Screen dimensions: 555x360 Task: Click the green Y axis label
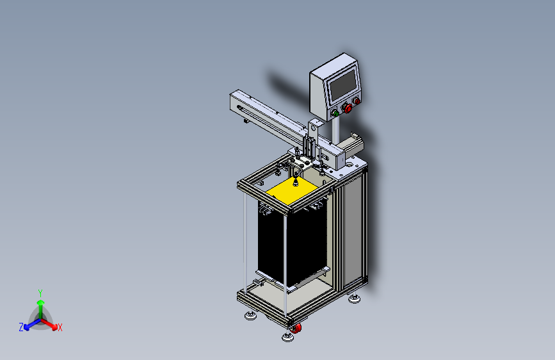(40, 293)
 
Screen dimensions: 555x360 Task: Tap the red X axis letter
(60, 327)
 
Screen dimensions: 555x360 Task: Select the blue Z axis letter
(21, 327)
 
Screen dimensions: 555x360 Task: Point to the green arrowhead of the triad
(41, 302)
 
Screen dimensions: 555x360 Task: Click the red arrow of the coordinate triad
(49, 324)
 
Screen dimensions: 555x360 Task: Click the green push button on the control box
(335, 114)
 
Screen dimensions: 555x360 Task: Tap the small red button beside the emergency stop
(357, 101)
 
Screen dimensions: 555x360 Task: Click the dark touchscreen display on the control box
(343, 85)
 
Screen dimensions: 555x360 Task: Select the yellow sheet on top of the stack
(292, 192)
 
